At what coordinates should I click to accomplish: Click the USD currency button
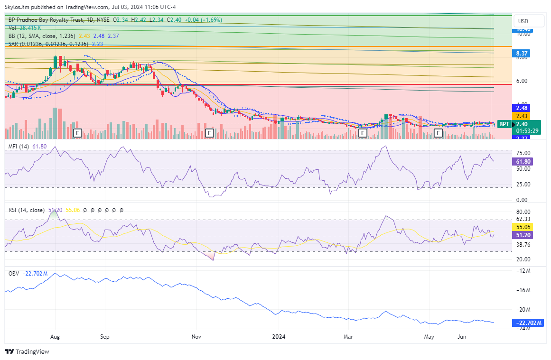coord(523,21)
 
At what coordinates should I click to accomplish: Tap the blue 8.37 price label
coord(523,54)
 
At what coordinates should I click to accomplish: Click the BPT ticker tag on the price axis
coord(504,124)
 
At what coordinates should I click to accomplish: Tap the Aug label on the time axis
coord(55,337)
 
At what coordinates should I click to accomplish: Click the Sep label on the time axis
coord(105,337)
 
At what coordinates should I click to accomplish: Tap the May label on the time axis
coord(429,337)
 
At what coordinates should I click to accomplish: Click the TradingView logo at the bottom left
coord(27,352)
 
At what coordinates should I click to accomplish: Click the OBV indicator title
coord(14,273)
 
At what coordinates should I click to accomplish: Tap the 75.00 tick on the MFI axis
coord(523,153)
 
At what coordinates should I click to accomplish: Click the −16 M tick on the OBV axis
coord(523,290)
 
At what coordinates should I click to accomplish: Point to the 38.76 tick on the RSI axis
coord(523,244)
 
